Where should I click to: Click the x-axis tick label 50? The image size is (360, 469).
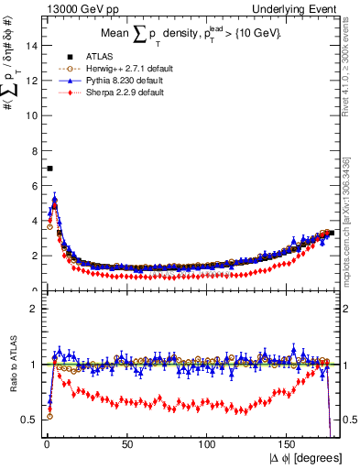[127, 444]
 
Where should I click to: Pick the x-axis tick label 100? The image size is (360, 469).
[208, 444]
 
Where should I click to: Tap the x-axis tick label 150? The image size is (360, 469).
[289, 444]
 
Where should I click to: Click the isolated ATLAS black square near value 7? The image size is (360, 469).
[49, 169]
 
